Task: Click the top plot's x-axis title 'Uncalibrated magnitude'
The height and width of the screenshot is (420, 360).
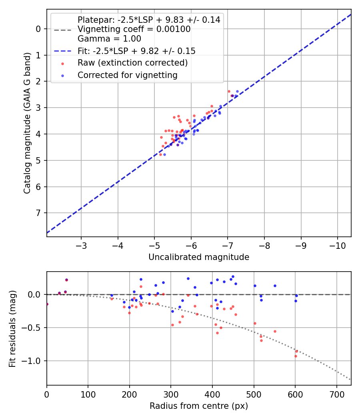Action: click(199, 257)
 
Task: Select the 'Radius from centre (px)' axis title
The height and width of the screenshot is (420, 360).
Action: click(199, 406)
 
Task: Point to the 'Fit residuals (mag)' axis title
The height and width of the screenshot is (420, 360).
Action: click(12, 328)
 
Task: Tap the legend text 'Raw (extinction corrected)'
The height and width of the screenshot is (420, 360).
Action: click(132, 63)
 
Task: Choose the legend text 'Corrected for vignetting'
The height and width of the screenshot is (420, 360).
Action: click(128, 75)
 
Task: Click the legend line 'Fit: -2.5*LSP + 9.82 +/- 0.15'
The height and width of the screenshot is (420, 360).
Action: click(62, 51)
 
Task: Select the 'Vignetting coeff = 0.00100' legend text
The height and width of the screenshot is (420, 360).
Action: click(134, 29)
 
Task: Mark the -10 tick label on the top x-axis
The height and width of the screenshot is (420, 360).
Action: click(337, 245)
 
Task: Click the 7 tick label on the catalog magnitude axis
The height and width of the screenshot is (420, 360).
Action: click(39, 213)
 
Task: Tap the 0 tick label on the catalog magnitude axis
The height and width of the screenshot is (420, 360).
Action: click(39, 29)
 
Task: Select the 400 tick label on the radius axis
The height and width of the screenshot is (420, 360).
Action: click(212, 394)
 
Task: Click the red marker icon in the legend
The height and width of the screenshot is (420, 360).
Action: click(62, 63)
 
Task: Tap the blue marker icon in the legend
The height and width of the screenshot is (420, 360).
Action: click(62, 75)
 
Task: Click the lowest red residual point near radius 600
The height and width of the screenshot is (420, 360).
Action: click(296, 356)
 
